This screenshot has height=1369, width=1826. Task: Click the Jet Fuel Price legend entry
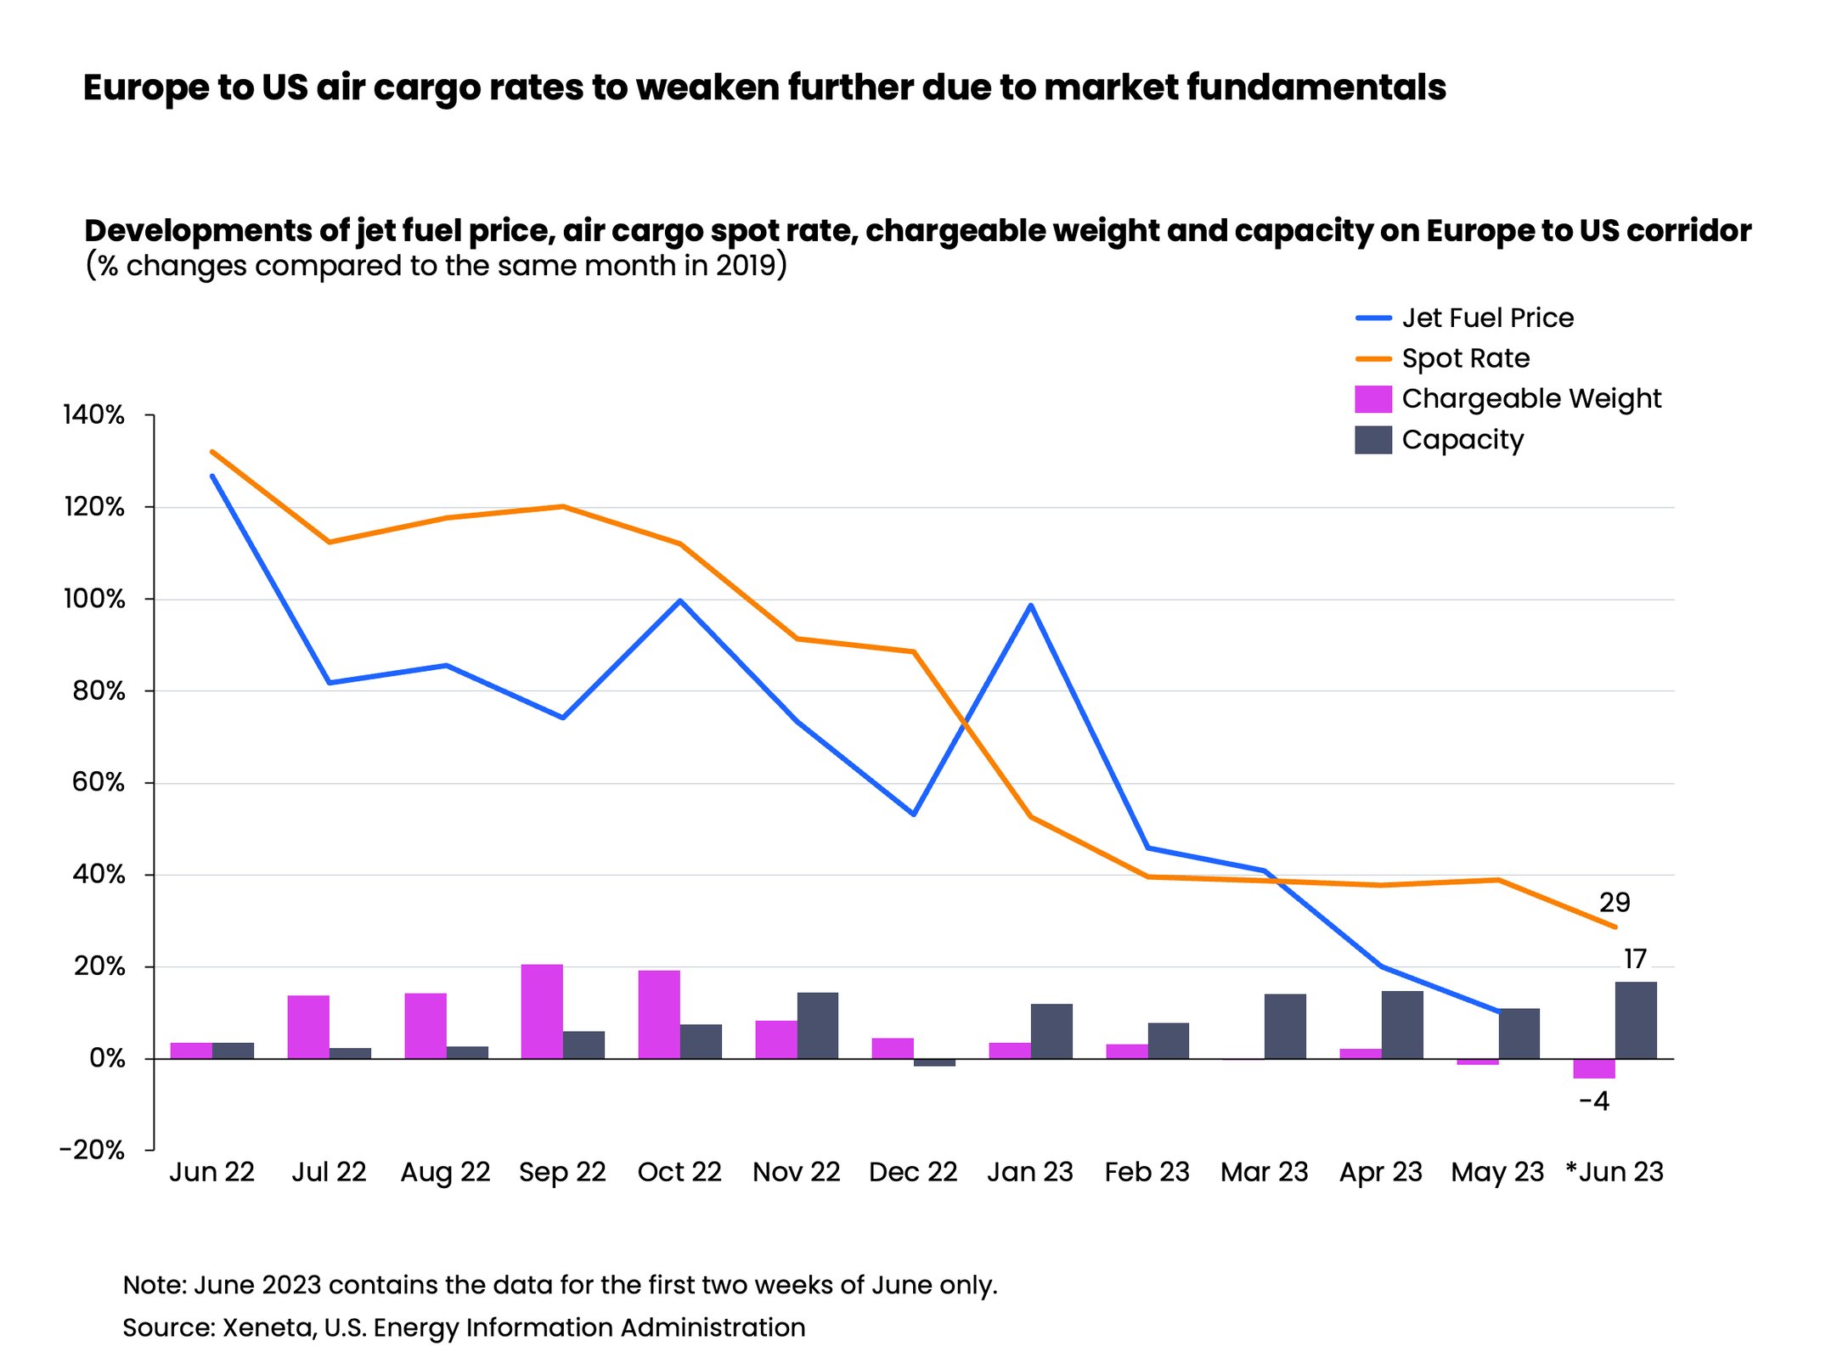coord(1486,318)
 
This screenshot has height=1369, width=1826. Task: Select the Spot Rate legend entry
coord(1464,358)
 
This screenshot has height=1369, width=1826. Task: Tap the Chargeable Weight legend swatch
coord(1372,399)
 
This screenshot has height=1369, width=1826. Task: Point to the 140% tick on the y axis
coord(94,415)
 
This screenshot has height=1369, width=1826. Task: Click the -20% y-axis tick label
coord(93,1151)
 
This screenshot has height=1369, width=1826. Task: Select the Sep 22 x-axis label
coord(562,1173)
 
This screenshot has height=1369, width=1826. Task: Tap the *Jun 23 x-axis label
coord(1614,1173)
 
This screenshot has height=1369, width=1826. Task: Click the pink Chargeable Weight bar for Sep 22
coord(542,1011)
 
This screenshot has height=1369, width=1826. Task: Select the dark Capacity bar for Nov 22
coord(818,1025)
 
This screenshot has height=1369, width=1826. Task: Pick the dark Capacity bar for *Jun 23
coord(1635,1020)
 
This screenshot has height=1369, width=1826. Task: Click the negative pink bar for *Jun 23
coord(1593,1068)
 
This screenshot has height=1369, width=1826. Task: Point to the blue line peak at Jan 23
coord(1030,606)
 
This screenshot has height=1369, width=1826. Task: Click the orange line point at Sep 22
coord(562,507)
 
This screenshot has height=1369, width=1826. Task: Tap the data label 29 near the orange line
coord(1614,903)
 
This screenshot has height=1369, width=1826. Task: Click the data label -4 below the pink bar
coord(1594,1102)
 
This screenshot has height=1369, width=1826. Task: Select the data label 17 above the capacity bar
coord(1635,960)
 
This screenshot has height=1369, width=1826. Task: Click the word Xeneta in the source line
coord(268,1327)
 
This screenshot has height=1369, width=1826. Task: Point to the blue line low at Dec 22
coord(913,814)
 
